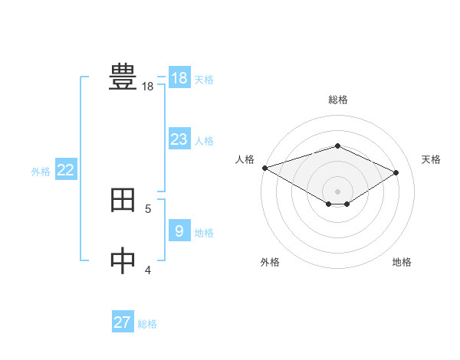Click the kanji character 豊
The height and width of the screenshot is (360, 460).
click(x=123, y=77)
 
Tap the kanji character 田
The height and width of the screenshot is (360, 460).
click(x=123, y=200)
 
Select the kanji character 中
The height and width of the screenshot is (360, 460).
click(x=123, y=261)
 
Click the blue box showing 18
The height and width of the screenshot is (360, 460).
click(x=179, y=78)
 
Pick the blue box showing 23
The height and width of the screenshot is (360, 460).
click(x=179, y=139)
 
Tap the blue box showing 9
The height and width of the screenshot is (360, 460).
click(x=179, y=231)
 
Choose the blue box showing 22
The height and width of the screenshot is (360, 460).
click(x=65, y=171)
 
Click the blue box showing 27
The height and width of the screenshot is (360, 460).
click(x=122, y=322)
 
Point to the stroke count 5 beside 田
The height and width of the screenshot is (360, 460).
click(x=148, y=208)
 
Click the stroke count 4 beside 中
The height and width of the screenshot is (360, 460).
click(x=148, y=270)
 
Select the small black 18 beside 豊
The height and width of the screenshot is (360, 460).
click(x=148, y=87)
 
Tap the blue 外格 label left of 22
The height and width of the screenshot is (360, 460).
click(x=41, y=172)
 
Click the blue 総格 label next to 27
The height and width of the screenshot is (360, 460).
click(x=147, y=324)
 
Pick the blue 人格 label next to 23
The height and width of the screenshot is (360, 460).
click(x=204, y=141)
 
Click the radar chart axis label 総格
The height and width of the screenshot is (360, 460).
click(x=337, y=100)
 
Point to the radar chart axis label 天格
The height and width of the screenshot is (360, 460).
click(x=431, y=159)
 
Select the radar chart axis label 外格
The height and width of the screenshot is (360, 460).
click(x=270, y=262)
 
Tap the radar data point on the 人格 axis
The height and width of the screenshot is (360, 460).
click(x=264, y=168)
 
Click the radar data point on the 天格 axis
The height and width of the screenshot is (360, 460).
click(x=396, y=172)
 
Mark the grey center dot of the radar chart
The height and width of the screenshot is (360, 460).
click(x=337, y=191)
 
